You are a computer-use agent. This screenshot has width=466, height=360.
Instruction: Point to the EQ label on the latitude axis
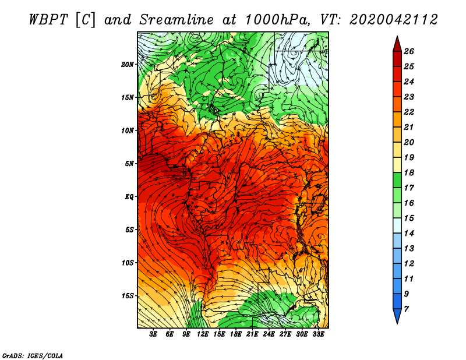129,196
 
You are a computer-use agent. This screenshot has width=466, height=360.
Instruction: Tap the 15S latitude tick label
128,295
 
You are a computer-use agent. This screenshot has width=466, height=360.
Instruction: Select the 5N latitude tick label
129,163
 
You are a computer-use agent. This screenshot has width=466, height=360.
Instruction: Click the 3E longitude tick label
154,334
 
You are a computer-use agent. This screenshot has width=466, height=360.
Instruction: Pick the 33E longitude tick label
319,334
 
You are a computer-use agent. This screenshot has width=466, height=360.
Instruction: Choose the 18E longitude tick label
236,334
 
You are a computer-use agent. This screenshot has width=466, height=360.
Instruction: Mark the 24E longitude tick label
269,334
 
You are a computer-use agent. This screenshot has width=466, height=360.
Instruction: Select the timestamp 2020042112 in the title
393,20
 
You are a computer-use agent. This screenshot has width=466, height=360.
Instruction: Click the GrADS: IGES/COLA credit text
32,355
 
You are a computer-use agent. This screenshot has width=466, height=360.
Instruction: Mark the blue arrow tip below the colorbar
397,318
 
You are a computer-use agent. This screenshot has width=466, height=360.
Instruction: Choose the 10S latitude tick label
128,262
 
